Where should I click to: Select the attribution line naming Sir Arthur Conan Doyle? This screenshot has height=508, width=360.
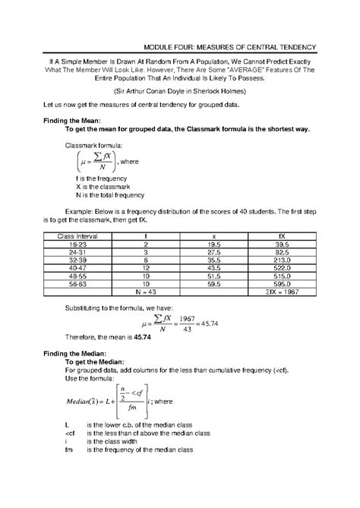click(180, 88)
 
